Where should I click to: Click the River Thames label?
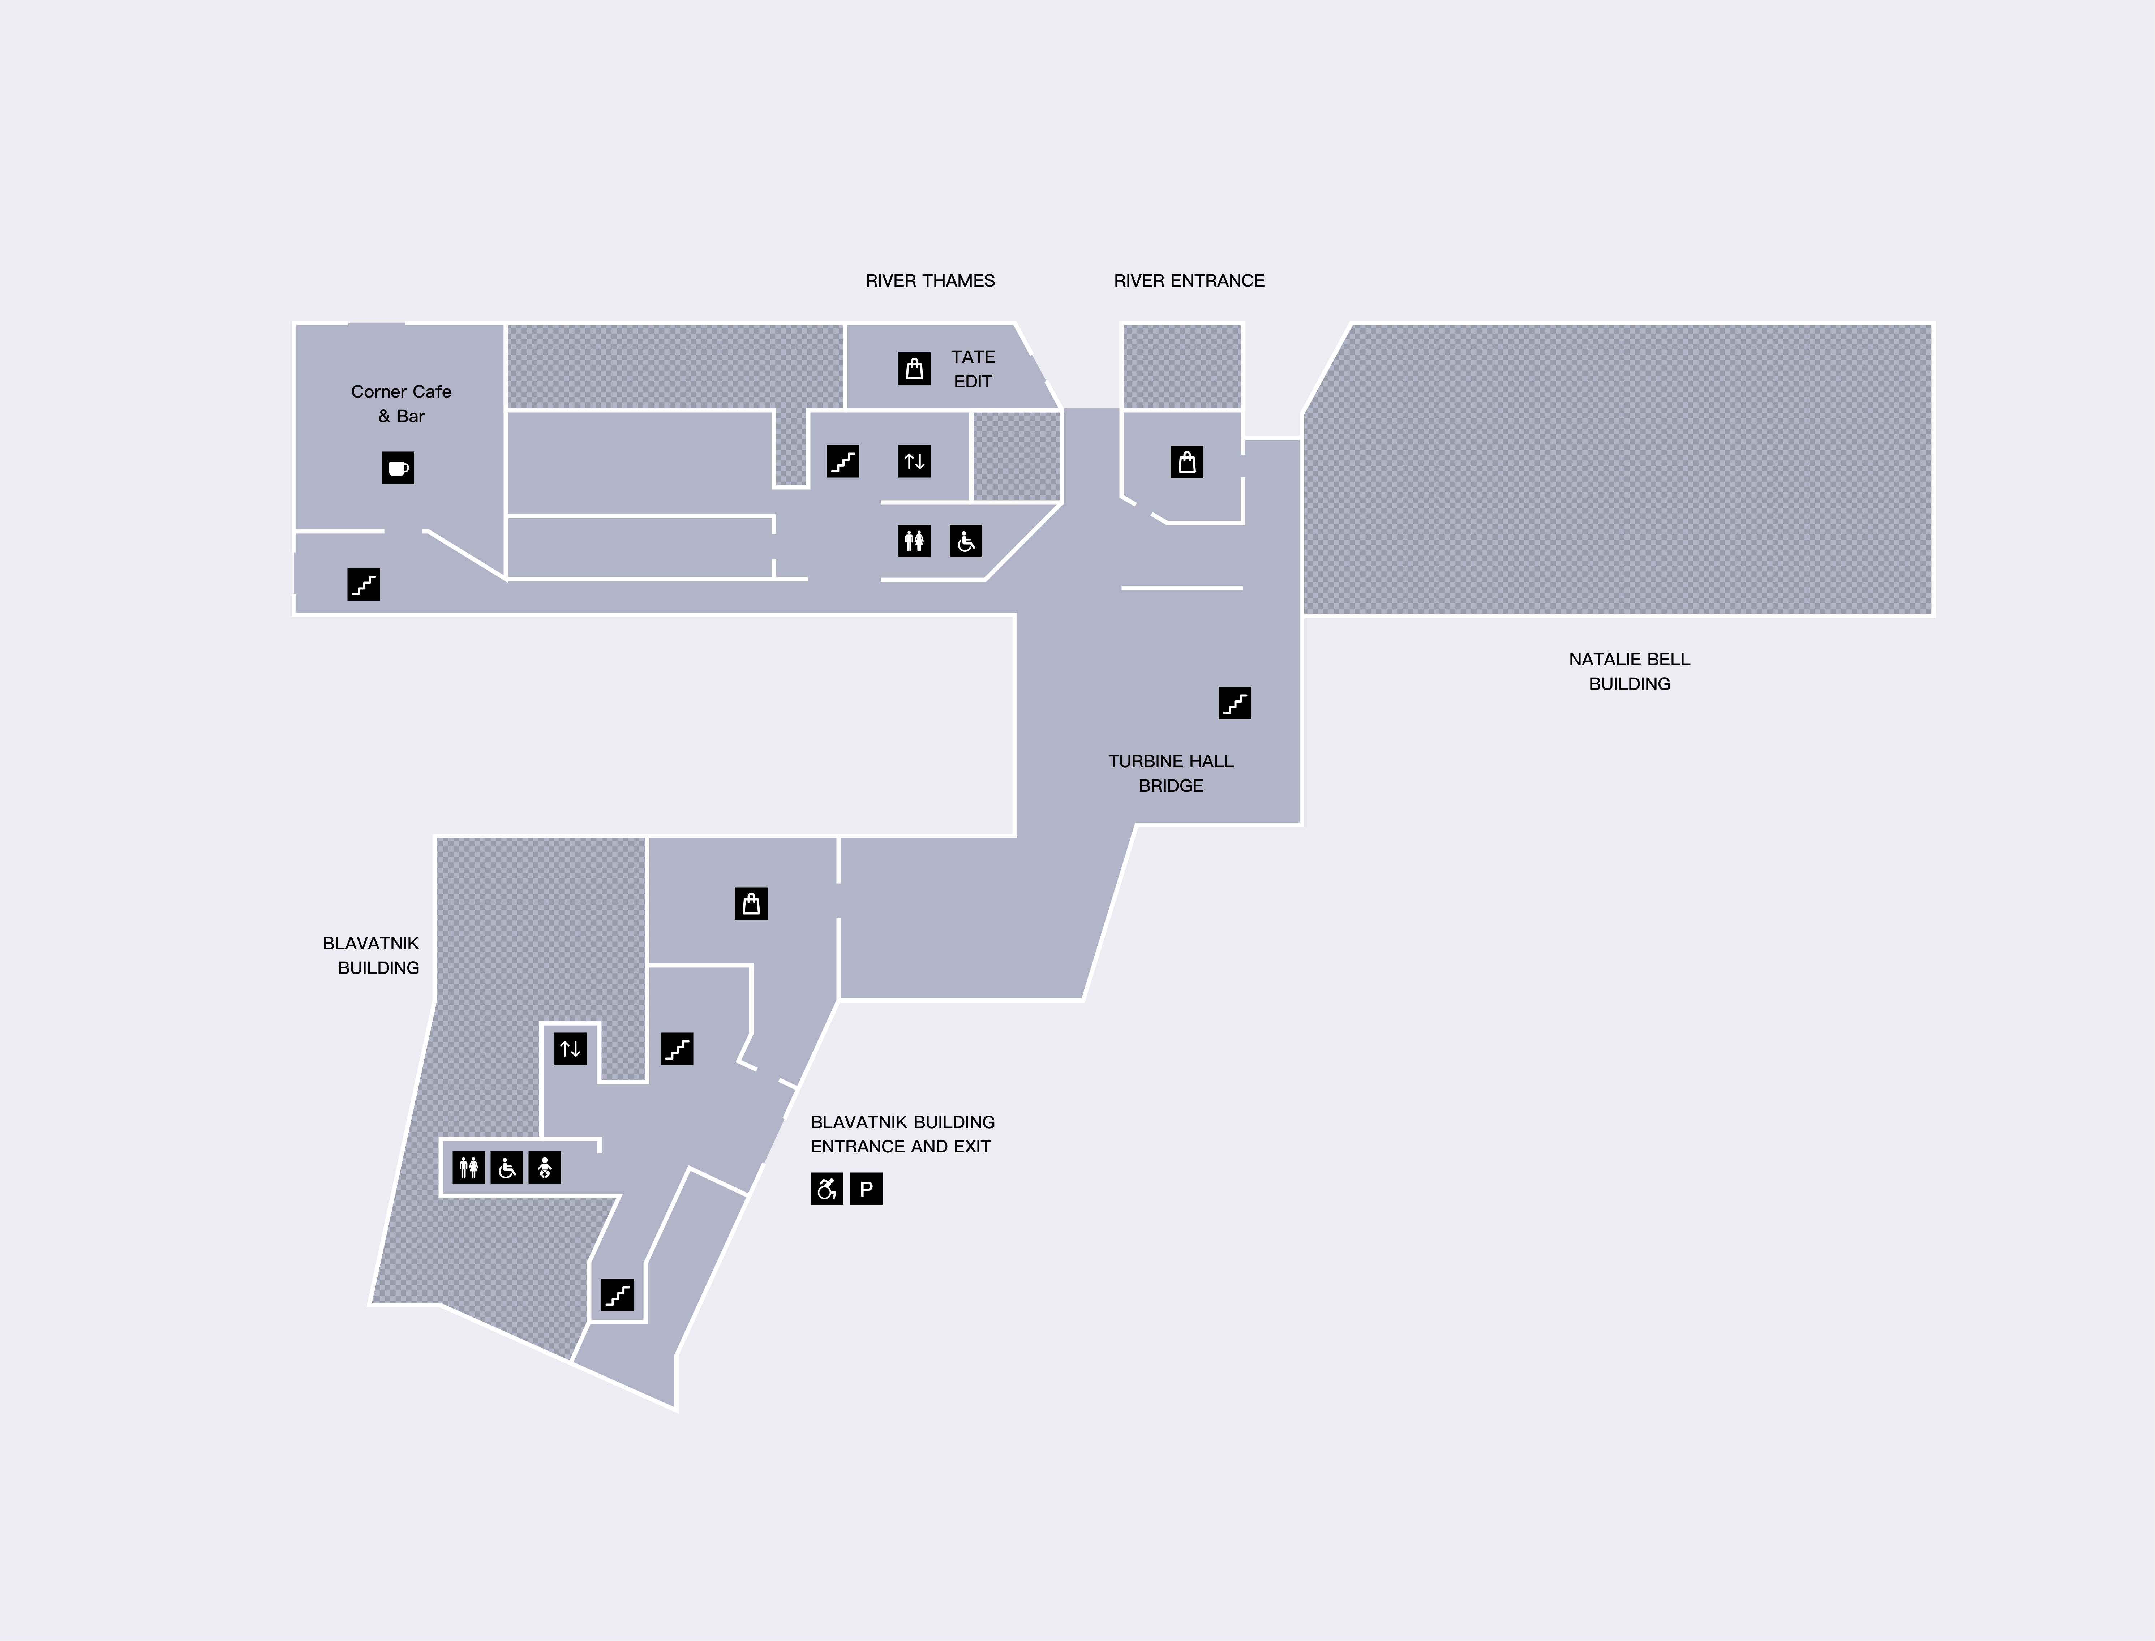click(x=930, y=280)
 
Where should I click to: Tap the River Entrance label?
click(x=1189, y=280)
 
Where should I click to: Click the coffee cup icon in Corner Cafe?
click(x=398, y=468)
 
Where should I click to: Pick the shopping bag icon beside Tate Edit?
click(x=914, y=368)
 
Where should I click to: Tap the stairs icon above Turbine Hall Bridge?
click(x=1235, y=703)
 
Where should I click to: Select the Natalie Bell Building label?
click(x=1630, y=671)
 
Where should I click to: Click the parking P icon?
click(x=866, y=1189)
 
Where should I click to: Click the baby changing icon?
click(x=544, y=1167)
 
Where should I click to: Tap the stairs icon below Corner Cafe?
click(x=364, y=584)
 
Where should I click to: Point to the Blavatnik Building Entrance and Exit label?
click(x=903, y=1134)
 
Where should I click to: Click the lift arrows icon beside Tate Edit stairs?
click(x=914, y=461)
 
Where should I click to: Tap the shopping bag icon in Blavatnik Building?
click(x=751, y=903)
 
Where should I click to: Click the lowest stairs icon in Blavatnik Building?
click(x=617, y=1295)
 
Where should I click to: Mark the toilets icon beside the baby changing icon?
click(x=469, y=1167)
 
